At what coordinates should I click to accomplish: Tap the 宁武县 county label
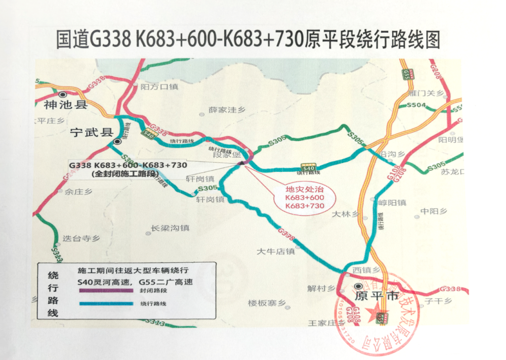(92, 132)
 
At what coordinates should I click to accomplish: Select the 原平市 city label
(377, 296)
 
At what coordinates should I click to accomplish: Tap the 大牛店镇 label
(275, 251)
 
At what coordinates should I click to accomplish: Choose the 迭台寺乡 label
(80, 238)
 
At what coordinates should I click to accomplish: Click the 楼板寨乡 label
(267, 303)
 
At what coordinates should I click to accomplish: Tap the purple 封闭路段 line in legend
(106, 292)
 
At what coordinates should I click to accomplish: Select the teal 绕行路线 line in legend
(106, 304)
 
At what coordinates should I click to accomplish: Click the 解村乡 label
(321, 289)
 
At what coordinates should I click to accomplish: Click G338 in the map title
(111, 39)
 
